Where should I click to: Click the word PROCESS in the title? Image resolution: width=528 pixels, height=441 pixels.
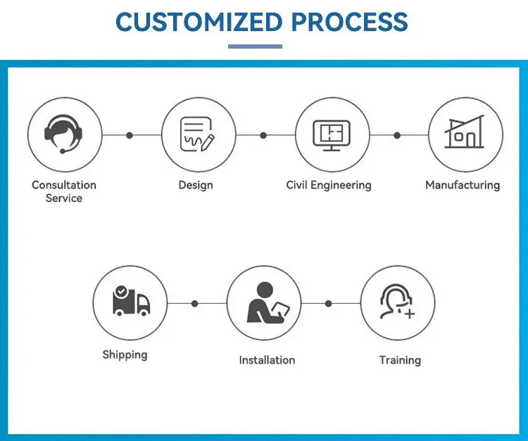[349, 23]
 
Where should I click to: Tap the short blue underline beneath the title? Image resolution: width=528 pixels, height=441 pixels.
[255, 46]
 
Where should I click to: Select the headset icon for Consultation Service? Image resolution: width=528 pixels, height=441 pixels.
[64, 135]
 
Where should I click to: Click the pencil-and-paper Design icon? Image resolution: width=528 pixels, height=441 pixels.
[198, 135]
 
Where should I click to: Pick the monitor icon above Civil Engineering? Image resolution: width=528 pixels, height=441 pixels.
[331, 135]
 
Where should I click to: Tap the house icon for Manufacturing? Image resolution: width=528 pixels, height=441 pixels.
[465, 134]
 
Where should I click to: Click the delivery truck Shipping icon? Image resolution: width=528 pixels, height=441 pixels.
[130, 302]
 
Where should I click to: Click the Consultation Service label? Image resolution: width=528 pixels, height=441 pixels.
[64, 192]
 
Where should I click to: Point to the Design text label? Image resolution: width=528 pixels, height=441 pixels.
[196, 185]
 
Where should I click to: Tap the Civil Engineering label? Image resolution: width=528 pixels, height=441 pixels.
[329, 185]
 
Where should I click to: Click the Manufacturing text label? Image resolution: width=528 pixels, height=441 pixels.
[463, 185]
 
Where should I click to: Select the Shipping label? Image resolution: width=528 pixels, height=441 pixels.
[125, 354]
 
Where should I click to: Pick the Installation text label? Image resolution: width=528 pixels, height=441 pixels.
[267, 360]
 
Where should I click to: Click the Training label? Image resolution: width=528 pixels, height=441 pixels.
[400, 360]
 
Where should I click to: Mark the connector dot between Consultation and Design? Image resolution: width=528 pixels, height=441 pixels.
[130, 135]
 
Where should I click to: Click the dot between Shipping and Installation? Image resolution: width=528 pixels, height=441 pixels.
[195, 304]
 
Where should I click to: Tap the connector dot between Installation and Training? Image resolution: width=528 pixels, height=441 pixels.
[328, 304]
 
